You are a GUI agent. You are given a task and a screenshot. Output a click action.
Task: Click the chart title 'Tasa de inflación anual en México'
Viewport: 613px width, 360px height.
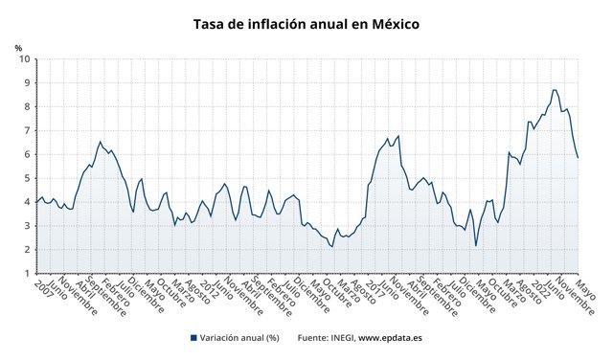306,23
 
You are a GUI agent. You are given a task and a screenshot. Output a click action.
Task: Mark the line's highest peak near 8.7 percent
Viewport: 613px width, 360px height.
555,90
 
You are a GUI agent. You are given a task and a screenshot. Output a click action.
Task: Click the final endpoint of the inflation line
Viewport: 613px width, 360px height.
578,158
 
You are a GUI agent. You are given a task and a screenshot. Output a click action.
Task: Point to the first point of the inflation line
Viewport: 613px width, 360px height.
36,202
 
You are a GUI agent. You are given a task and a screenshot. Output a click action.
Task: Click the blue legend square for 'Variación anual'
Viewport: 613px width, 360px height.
193,338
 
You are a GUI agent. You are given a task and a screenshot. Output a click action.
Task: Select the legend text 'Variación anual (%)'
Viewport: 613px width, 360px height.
238,338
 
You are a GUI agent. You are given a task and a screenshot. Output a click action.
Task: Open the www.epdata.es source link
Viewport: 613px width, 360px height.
390,338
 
